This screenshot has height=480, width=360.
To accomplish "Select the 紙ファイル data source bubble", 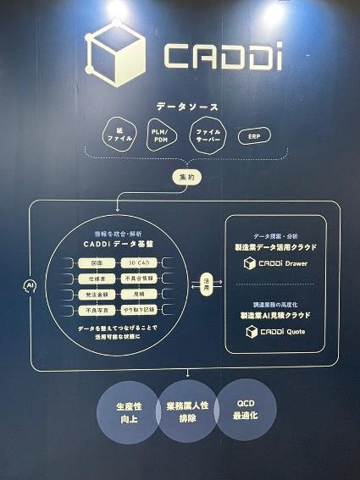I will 115,135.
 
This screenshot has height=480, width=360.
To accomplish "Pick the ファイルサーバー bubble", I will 207,135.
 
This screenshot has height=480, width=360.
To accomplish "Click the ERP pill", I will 254,136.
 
